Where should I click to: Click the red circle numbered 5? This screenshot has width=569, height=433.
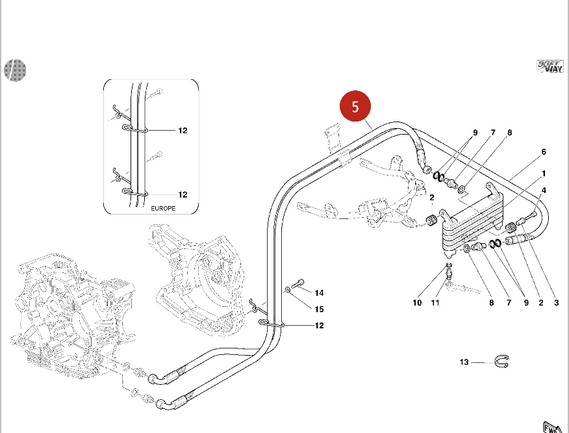pyautogui.click(x=355, y=107)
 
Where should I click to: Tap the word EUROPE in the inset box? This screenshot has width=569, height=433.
pyautogui.click(x=163, y=209)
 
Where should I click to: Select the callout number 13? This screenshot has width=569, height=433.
pyautogui.click(x=464, y=362)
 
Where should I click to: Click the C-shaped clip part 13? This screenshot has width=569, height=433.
pyautogui.click(x=502, y=361)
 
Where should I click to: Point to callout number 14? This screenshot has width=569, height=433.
pyautogui.click(x=319, y=293)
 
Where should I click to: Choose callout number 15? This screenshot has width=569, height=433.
pyautogui.click(x=319, y=309)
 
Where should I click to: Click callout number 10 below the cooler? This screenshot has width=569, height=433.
pyautogui.click(x=417, y=302)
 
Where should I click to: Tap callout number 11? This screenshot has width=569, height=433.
pyautogui.click(x=435, y=302)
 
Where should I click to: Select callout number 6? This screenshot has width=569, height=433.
pyautogui.click(x=544, y=152)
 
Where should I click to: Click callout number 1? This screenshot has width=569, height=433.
pyautogui.click(x=544, y=174)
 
